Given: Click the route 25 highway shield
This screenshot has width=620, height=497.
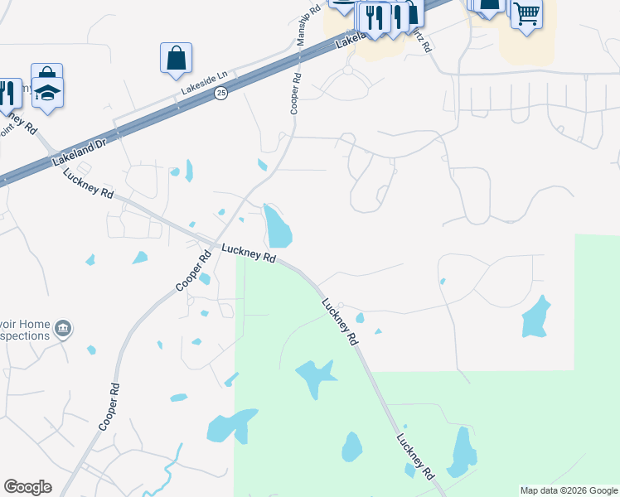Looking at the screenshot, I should [220, 94].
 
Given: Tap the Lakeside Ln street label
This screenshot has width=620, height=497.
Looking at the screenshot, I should [204, 75].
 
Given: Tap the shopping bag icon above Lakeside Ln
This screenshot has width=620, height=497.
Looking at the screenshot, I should [176, 58].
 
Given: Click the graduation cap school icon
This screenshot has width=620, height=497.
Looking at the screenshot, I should [48, 93].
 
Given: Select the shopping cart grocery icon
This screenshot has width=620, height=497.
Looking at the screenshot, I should [526, 13].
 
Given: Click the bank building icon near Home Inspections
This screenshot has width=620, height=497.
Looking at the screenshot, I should [62, 331].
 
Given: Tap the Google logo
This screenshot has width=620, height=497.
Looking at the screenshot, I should [27, 487].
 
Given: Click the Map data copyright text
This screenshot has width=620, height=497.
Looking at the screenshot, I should [569, 490].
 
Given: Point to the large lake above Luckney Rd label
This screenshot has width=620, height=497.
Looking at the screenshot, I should [277, 225].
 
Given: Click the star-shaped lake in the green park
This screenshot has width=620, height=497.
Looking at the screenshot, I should [316, 378].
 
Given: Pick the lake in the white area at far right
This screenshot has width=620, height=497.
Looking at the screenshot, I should [535, 316].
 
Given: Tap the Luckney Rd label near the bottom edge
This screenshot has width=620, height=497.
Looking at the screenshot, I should [415, 456].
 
